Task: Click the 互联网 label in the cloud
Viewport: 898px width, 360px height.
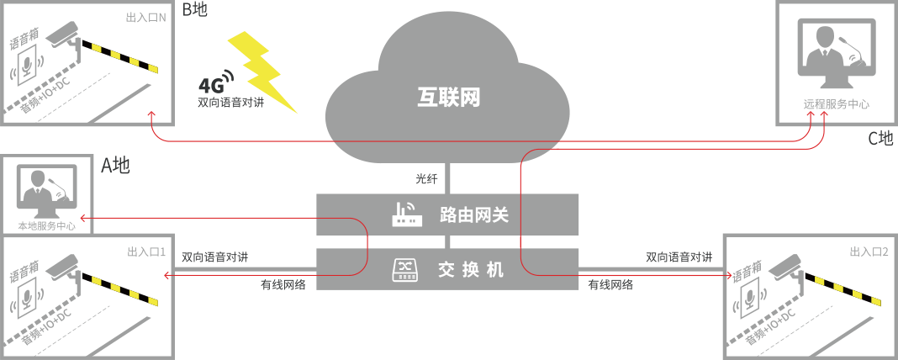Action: [x=448, y=98]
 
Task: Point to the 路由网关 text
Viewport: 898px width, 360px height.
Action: [x=474, y=215]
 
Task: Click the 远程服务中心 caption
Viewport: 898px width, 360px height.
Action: [x=836, y=105]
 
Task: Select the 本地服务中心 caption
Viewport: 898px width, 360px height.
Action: [x=46, y=225]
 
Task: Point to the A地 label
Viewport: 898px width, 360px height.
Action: [x=115, y=166]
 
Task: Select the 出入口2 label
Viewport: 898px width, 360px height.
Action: [x=869, y=251]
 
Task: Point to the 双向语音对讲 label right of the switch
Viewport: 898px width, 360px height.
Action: [x=679, y=257]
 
